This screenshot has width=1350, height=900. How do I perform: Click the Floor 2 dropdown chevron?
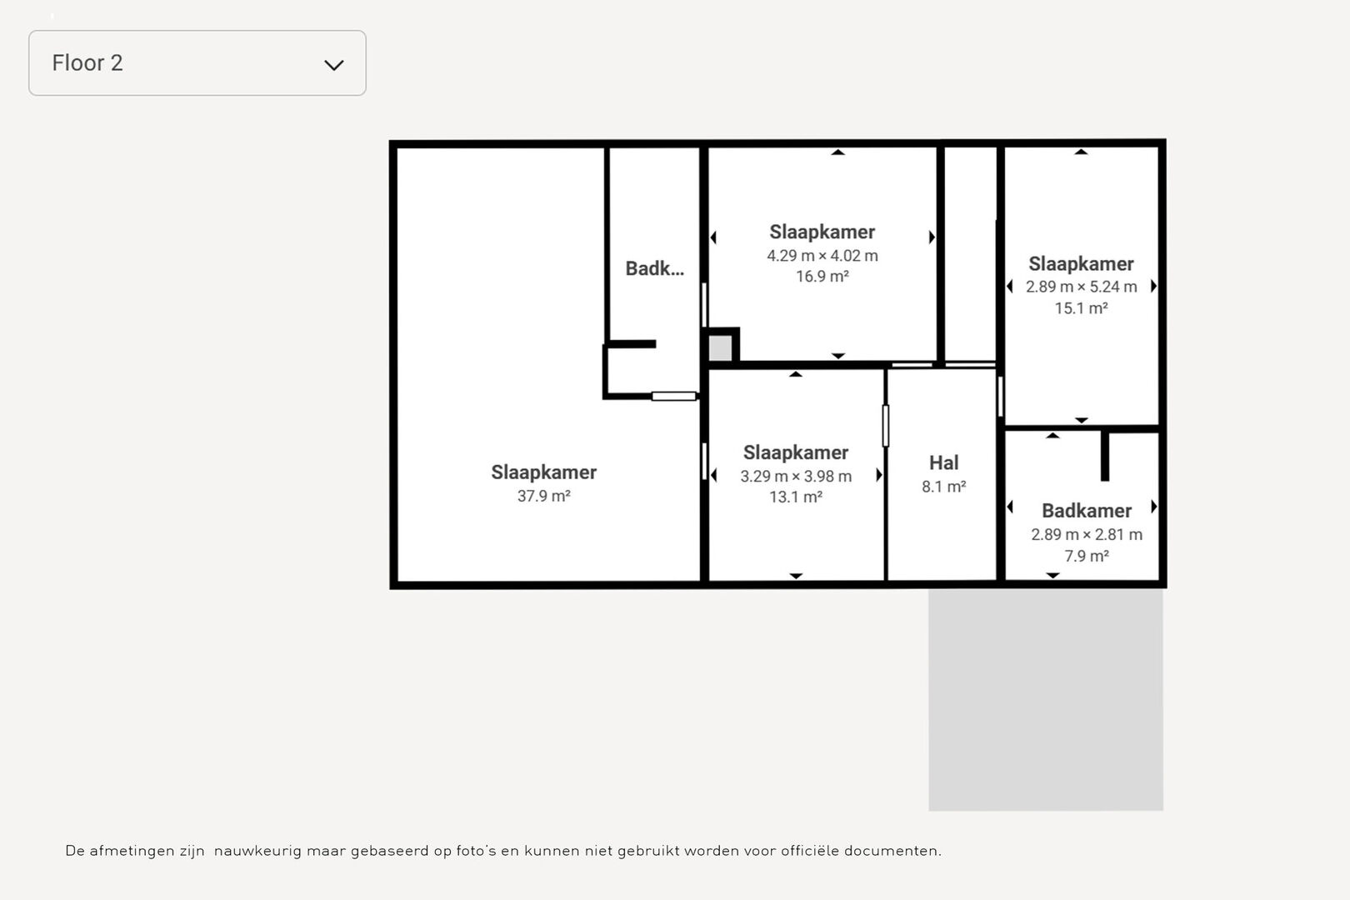click(334, 65)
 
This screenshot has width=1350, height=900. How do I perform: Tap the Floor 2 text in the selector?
click(87, 62)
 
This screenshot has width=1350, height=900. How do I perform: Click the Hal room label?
click(943, 462)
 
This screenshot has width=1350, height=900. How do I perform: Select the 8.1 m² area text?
click(944, 487)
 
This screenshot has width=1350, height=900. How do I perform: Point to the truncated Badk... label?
click(654, 268)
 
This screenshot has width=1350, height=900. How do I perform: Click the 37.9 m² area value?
click(543, 496)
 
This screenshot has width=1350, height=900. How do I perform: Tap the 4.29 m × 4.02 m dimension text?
click(822, 256)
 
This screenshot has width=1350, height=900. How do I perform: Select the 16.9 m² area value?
click(822, 276)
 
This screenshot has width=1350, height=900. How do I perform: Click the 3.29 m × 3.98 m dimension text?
click(796, 476)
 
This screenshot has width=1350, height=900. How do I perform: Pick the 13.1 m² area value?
click(796, 497)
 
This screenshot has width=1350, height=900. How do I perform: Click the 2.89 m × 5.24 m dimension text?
click(1081, 287)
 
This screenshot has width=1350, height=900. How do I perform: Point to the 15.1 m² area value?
click(1081, 308)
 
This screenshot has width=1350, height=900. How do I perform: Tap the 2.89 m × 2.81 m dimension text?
click(1087, 535)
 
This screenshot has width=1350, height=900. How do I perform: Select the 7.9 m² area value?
click(1087, 556)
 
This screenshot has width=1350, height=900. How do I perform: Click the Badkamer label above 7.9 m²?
click(1087, 511)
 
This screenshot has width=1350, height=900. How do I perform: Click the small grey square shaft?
click(720, 347)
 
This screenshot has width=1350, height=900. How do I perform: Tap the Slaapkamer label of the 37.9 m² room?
click(543, 472)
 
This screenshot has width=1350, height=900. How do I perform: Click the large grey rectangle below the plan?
click(1046, 700)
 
